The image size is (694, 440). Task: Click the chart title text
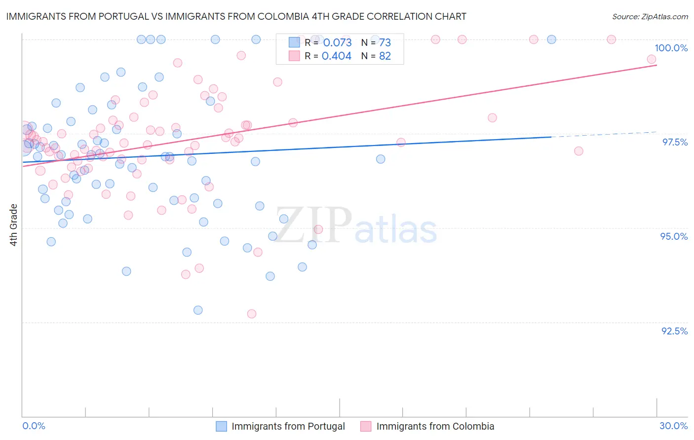(236, 17)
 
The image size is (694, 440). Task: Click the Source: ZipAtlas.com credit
(650, 17)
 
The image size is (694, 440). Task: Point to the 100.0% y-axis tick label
(671, 48)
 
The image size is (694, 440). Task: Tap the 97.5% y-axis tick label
(674, 142)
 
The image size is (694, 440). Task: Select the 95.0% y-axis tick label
(674, 236)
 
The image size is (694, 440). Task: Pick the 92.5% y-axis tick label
(674, 331)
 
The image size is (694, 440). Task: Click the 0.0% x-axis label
(34, 426)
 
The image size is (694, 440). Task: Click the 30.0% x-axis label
(673, 426)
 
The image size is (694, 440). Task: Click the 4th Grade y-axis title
(14, 225)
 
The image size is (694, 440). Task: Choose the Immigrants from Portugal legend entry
(288, 426)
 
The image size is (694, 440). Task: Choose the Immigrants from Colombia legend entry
(435, 426)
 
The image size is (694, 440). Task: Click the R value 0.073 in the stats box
(337, 42)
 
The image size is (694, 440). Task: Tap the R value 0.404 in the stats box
(337, 56)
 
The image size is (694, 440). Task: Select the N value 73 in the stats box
(385, 42)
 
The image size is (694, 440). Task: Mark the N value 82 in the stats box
(385, 56)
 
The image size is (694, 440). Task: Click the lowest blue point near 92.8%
(198, 310)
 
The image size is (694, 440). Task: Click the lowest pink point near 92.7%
(252, 314)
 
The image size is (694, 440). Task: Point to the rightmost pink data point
(652, 59)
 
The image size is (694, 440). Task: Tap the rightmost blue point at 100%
(552, 39)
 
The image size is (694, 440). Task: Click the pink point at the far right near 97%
(578, 151)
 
